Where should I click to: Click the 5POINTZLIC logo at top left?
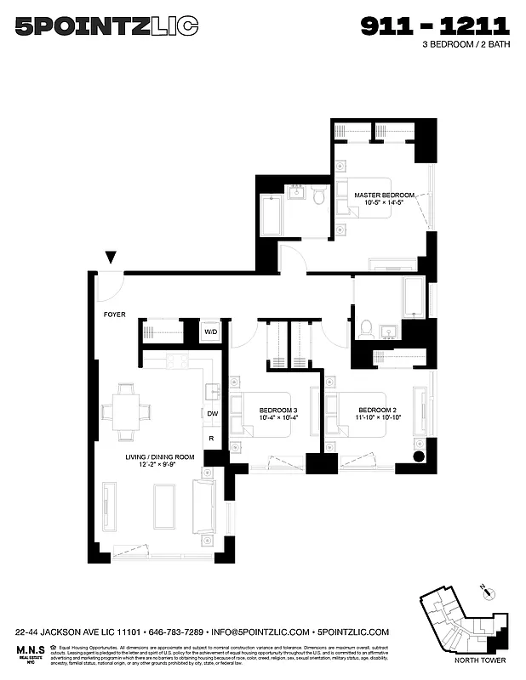point(107,27)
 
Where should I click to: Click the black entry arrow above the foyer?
point(111,258)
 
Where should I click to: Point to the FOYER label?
point(115,314)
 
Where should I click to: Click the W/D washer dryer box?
point(209,331)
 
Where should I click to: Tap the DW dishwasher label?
point(212,414)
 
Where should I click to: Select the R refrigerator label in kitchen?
point(211,439)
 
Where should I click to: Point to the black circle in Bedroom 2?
point(419,456)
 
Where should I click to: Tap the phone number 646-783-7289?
point(178,632)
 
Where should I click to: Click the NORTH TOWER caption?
point(480,660)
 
